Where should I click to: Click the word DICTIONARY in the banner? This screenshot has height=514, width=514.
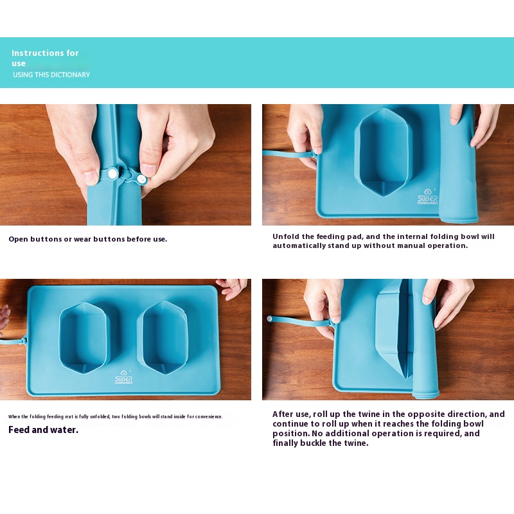click(72, 75)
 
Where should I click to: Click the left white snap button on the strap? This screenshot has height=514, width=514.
click(112, 173)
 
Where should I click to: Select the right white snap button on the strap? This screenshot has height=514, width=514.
click(141, 179)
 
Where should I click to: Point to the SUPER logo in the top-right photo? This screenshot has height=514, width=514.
click(427, 197)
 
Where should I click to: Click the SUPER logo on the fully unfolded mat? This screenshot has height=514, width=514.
click(123, 377)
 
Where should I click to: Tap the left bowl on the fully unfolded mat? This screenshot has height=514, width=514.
click(84, 338)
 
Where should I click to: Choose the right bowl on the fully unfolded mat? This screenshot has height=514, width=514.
click(163, 338)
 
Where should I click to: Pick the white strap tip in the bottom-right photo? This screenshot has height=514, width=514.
click(269, 318)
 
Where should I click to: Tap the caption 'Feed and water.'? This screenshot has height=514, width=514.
click(43, 430)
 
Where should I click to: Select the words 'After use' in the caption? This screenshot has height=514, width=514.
click(291, 414)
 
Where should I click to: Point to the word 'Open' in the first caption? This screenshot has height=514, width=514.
click(19, 239)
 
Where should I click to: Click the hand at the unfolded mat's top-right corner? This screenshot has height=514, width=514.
click(232, 288)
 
